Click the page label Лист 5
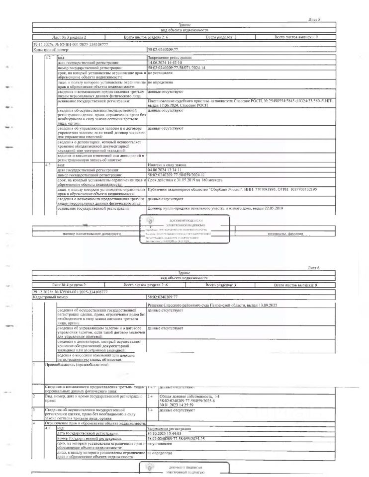click(x=314, y=19)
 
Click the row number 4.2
click(x=48, y=59)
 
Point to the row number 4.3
click(x=48, y=164)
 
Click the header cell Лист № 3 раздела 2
click(x=69, y=37)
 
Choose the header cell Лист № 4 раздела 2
click(x=69, y=285)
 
